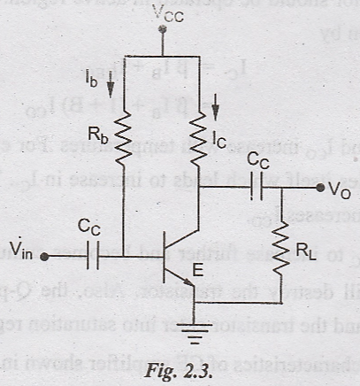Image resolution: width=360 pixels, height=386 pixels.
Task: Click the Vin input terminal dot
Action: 46,257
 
